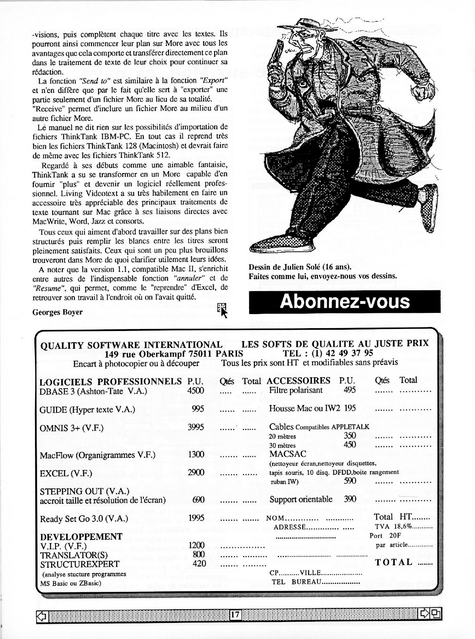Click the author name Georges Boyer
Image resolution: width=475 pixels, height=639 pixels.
point(58,312)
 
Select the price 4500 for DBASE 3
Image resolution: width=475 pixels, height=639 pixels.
point(196,390)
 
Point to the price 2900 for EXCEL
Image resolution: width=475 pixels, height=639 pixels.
point(196,473)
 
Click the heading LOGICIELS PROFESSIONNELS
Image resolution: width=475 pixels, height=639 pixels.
point(111,381)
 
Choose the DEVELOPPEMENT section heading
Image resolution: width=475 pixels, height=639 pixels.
point(81,536)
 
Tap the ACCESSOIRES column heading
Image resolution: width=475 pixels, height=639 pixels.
point(298,381)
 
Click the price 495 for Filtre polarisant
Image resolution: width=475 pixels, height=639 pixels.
point(350,390)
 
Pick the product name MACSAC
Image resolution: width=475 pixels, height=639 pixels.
point(288,454)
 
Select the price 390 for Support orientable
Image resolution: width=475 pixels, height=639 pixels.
point(350,499)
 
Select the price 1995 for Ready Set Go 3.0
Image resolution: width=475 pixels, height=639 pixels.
point(196,518)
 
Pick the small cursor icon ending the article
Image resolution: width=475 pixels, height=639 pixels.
point(222,310)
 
